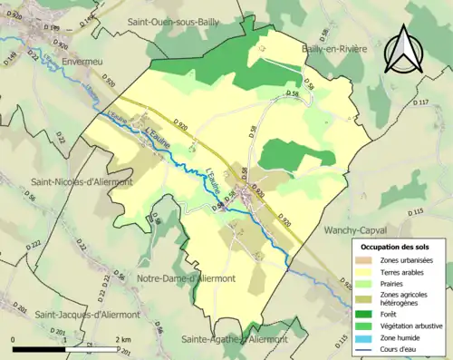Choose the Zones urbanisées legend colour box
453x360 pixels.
367,261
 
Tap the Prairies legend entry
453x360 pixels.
395,283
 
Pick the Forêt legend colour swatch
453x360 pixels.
367,315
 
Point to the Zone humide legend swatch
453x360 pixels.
367,336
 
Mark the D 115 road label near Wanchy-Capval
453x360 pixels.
416,212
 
